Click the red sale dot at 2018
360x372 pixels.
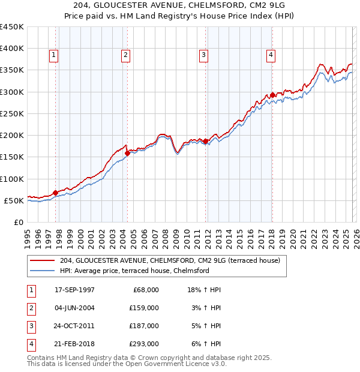click(272, 95)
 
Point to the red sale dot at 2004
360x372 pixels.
click(127, 153)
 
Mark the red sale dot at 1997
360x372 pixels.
click(55, 193)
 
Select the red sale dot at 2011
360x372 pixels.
click(205, 141)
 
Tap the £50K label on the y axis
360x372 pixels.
click(14, 200)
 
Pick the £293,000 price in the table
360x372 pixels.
click(144, 344)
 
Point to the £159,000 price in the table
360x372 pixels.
click(144, 308)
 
